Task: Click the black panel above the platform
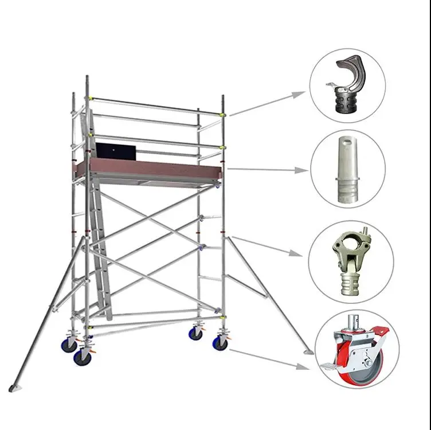(x=116, y=151)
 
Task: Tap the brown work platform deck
(x=149, y=168)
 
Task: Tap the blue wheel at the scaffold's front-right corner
(x=220, y=342)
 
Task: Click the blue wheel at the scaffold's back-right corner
(x=196, y=333)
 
